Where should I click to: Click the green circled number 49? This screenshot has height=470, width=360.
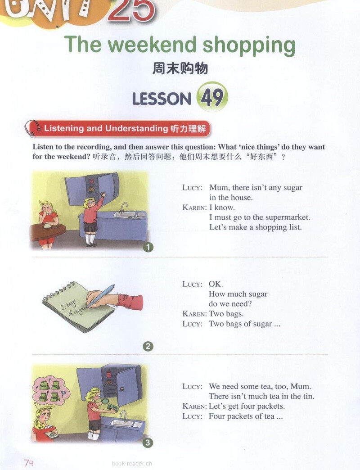coord(212,97)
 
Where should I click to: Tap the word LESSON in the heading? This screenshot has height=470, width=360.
coord(162,99)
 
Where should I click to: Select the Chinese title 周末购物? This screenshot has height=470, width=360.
coord(180,68)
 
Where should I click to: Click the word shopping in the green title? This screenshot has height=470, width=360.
coord(249,46)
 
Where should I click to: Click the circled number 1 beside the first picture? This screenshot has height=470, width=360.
coord(148,247)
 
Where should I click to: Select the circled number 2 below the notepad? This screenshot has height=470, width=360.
coord(148,346)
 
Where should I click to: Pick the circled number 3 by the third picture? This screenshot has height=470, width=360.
coord(148,443)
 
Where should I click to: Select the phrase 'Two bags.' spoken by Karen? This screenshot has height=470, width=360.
coord(226,314)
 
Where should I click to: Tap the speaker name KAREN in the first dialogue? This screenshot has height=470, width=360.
coord(195,208)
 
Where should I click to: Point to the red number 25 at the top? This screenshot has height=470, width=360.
coord(131,11)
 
